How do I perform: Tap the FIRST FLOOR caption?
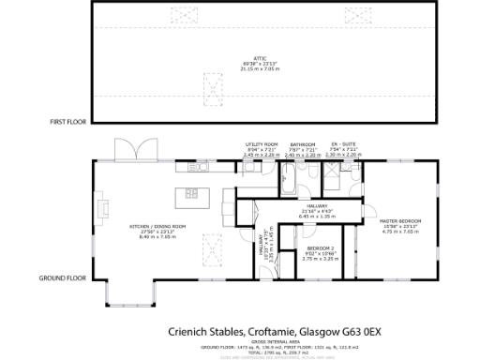click(68, 122)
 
